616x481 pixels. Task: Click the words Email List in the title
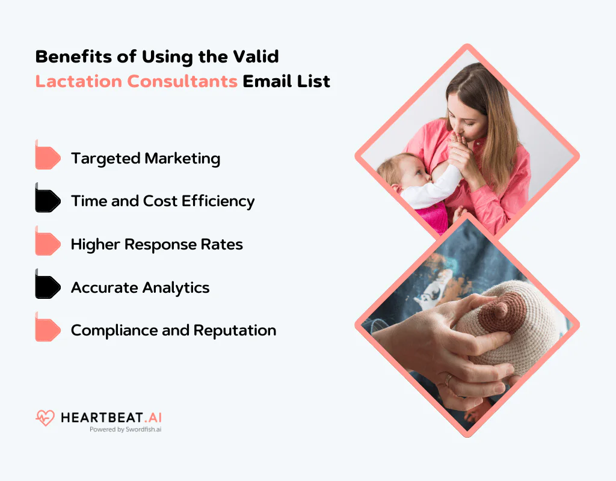pyautogui.click(x=286, y=81)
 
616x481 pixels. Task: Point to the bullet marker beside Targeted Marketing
pyautogui.click(x=48, y=158)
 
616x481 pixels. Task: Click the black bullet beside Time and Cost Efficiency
pyautogui.click(x=48, y=201)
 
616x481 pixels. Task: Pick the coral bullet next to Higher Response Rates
pyautogui.click(x=48, y=244)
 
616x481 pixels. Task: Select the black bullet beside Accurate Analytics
pyautogui.click(x=48, y=287)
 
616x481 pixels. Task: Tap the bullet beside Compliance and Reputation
pyautogui.click(x=48, y=330)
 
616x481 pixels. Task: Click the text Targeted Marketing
pyautogui.click(x=146, y=159)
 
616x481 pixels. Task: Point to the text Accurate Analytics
pyautogui.click(x=140, y=287)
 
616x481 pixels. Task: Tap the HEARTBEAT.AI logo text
pyautogui.click(x=111, y=417)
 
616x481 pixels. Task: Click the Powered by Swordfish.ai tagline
pyautogui.click(x=125, y=430)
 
